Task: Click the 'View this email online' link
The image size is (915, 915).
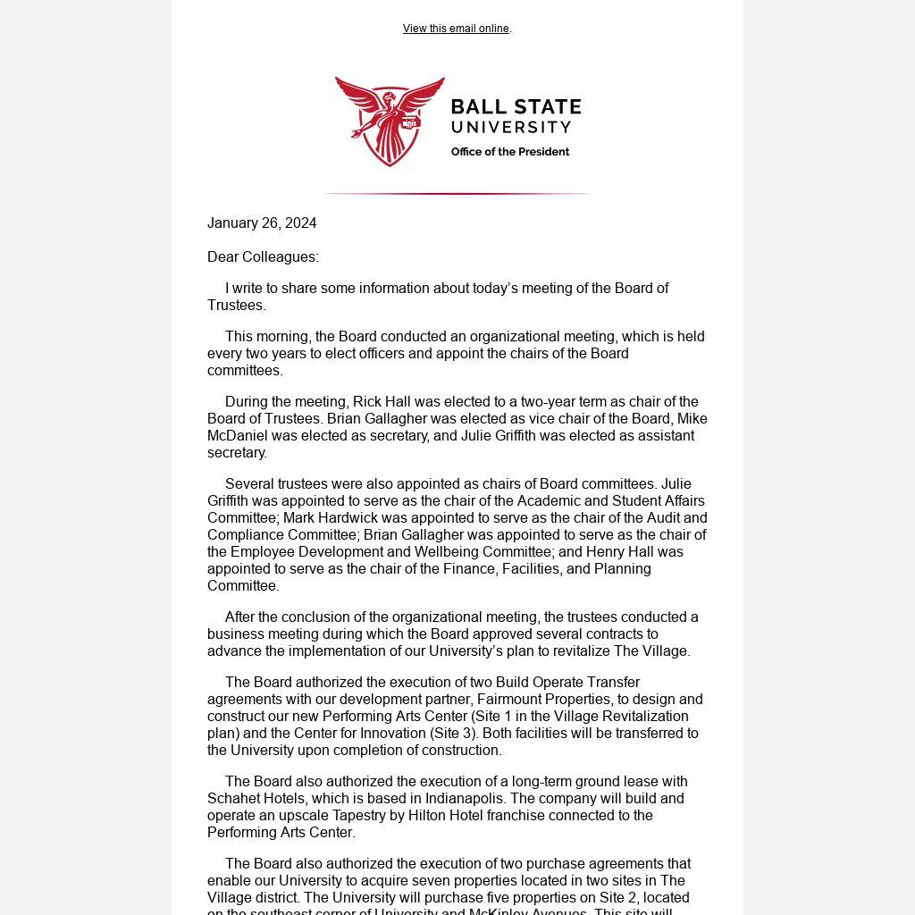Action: coord(456,29)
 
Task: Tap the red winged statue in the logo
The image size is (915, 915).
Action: coord(390,121)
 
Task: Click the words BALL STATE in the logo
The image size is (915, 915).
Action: coord(516,108)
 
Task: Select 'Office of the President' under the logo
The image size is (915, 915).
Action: coord(509,152)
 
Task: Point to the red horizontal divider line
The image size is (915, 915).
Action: coord(457,193)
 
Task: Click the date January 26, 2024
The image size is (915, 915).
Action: coord(262,223)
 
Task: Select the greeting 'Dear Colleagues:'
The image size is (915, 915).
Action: coord(263,257)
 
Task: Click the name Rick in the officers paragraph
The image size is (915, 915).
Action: coord(367,402)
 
